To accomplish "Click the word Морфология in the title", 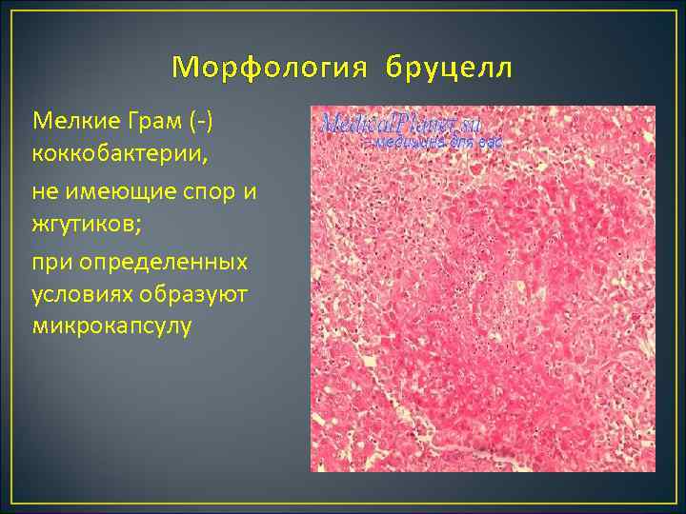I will coord(271,69).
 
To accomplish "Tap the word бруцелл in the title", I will coord(449,69).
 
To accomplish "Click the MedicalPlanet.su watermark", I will coord(401,124).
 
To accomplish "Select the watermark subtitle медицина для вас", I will coord(437,143).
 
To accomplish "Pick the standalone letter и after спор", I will coord(250,190).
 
